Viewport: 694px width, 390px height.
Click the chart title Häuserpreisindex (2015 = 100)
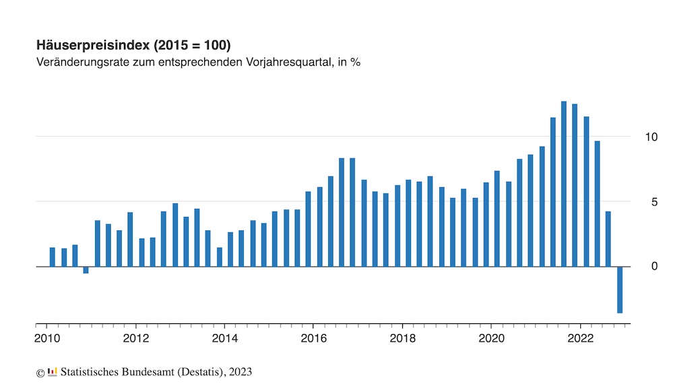tap(133, 46)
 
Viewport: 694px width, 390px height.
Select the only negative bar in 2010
tap(86, 270)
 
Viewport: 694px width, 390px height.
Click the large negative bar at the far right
tap(619, 290)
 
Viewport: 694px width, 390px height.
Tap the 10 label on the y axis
tap(650, 137)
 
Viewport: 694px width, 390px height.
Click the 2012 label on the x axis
tap(136, 338)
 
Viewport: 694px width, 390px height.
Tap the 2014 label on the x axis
tap(225, 338)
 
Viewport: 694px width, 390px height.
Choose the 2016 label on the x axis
tap(313, 338)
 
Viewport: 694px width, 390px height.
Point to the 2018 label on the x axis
tap(402, 338)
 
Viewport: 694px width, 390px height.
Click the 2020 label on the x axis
tap(491, 338)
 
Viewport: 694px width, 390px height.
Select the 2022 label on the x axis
tap(580, 338)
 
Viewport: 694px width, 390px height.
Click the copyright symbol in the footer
tap(40, 372)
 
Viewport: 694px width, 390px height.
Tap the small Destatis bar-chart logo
tap(53, 371)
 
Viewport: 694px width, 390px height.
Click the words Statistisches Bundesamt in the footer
tap(113, 372)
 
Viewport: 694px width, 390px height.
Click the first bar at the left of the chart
tap(53, 257)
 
